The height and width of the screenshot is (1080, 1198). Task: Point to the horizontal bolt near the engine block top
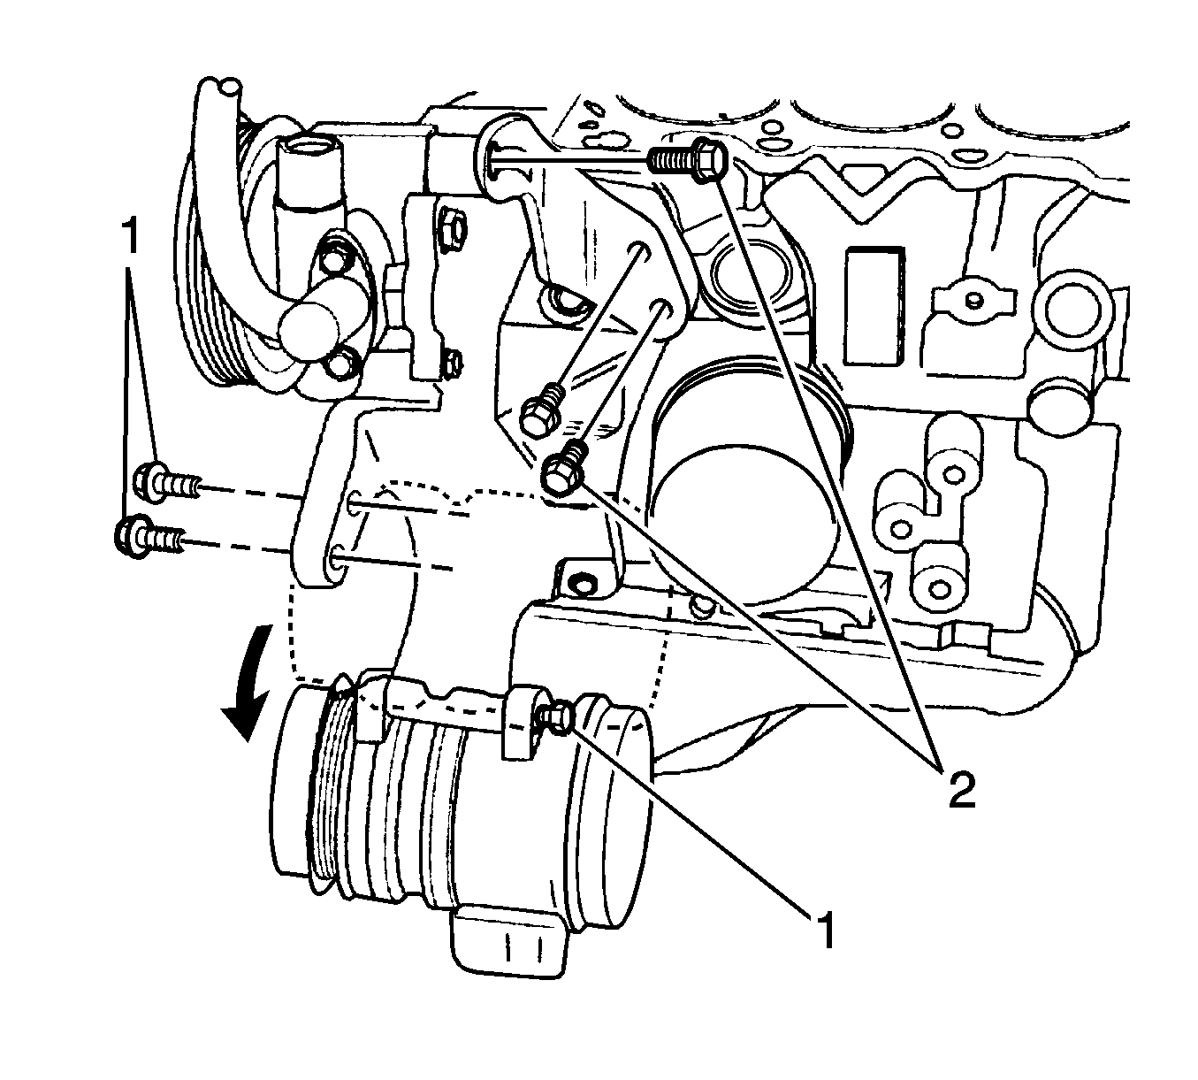click(x=688, y=159)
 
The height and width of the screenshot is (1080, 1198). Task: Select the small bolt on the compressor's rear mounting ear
click(x=556, y=718)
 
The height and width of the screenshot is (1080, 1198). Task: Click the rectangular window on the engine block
click(x=873, y=305)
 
